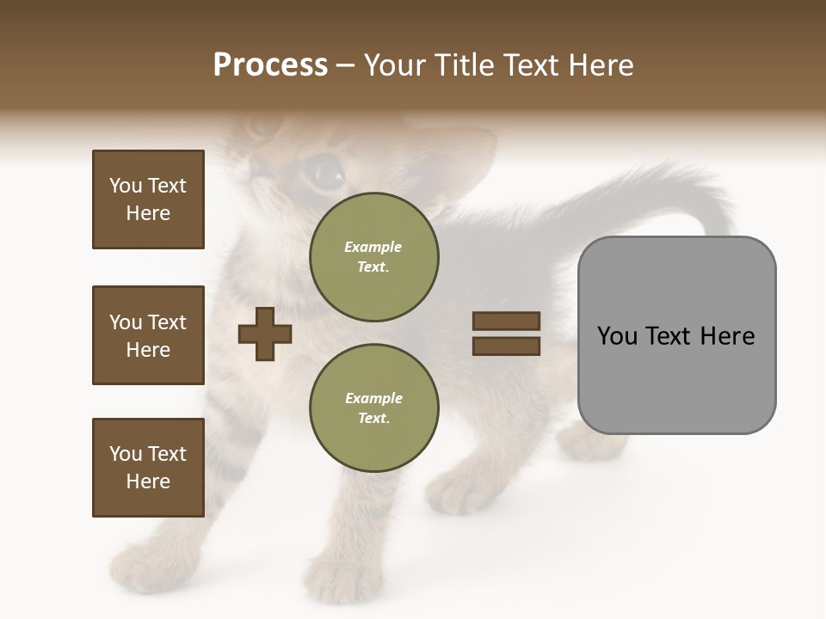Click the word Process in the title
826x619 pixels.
pos(270,65)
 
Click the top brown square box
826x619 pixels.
pos(148,199)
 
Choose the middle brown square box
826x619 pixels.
pos(148,335)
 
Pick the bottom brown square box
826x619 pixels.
pos(148,468)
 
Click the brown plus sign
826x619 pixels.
pos(265,334)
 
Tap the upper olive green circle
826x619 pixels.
pos(374,257)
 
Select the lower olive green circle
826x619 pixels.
pos(374,408)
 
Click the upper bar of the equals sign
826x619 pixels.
pos(506,322)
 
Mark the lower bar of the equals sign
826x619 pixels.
pos(506,346)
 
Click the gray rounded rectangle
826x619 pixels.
pos(676,335)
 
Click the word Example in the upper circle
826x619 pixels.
pos(373,247)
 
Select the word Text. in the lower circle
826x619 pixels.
pos(373,419)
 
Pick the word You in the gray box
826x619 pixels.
pos(617,336)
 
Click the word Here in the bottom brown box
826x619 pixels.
pos(148,481)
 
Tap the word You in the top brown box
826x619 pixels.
pos(125,186)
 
